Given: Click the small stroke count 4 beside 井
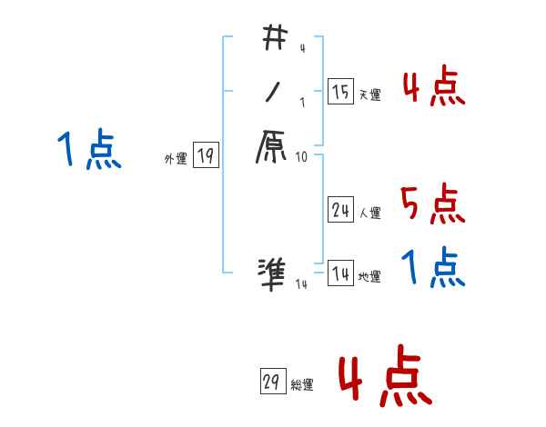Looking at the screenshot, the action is pos(301,48).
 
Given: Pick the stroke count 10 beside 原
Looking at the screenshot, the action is pos(302,157).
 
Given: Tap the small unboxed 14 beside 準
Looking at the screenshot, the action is pos(301,285).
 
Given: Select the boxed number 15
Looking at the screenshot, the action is pos(340,92).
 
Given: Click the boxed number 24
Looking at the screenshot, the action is pos(340,211).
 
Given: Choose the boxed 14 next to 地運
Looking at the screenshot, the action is pos(340,274).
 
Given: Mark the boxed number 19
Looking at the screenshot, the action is pos(205,156).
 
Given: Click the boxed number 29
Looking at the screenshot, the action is pos(270,382).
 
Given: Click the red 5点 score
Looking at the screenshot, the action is pos(432,204).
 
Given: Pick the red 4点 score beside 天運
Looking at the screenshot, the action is pos(432,87).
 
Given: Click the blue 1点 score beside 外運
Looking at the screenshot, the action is pos(88,150).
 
